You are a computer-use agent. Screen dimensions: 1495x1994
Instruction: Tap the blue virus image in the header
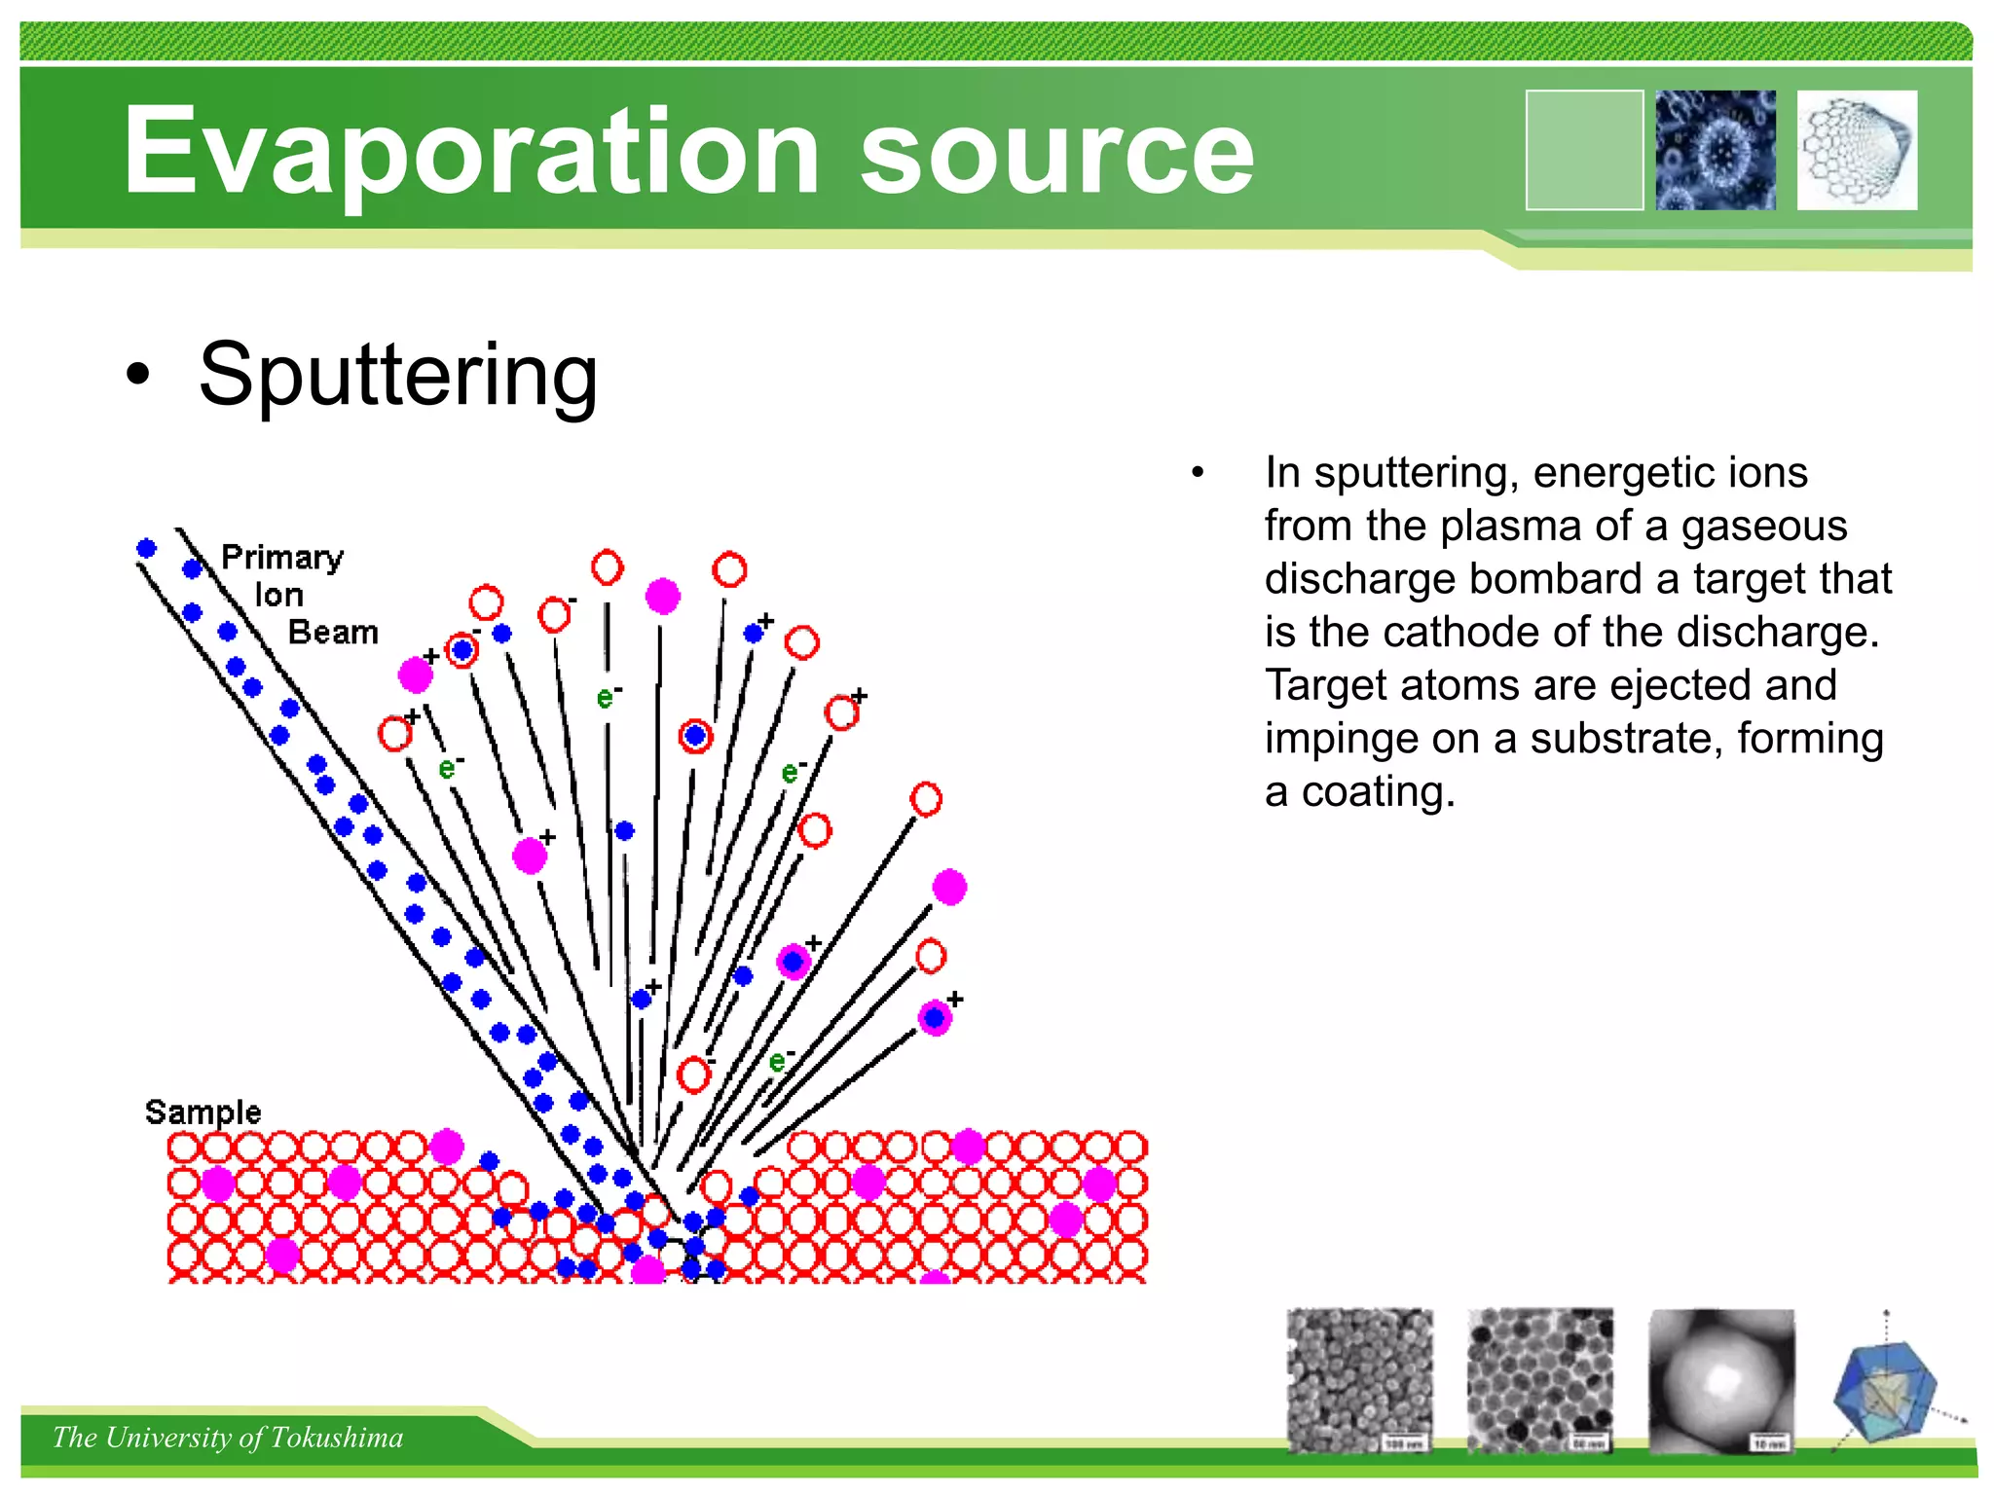(x=1716, y=150)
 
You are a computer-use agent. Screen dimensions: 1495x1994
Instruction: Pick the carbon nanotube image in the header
(x=1857, y=150)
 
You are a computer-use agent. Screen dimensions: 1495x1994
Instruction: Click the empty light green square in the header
(x=1584, y=150)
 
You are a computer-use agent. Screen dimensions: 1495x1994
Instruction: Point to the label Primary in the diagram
(x=282, y=558)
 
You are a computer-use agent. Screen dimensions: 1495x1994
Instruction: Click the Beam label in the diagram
(x=333, y=633)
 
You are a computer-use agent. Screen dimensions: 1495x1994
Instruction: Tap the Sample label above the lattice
(x=203, y=1112)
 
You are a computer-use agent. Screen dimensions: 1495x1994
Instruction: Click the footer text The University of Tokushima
(x=228, y=1438)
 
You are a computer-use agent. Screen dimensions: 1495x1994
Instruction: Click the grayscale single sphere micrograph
(x=1721, y=1380)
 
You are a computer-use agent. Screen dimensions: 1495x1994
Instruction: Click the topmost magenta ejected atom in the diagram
(x=662, y=596)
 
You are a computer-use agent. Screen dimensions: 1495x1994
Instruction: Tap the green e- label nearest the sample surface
(x=780, y=1061)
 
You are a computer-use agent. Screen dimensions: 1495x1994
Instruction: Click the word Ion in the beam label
(x=279, y=595)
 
